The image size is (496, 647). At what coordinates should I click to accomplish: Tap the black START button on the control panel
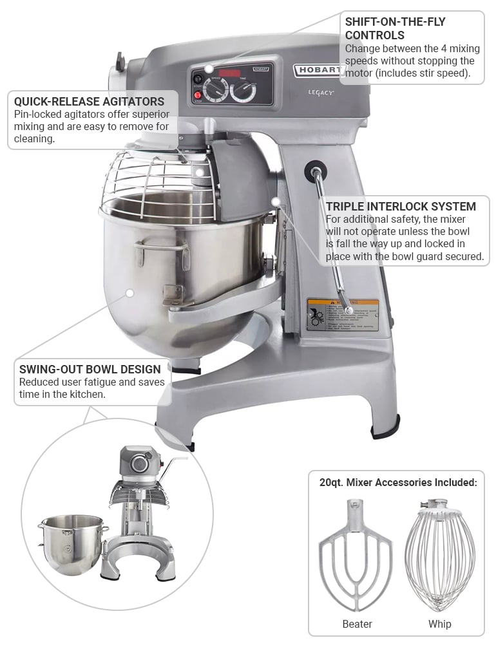pos(198,79)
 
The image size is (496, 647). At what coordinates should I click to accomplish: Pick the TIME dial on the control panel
pos(243,91)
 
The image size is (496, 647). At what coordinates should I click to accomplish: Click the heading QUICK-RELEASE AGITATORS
pos(89,102)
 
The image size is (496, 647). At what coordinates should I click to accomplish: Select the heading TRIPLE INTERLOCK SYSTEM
pos(401,207)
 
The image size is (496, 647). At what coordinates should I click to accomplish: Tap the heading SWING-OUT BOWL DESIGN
pos(90,370)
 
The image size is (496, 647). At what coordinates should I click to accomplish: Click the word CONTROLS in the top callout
pos(375,35)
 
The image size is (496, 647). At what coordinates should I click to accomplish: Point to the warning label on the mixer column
pos(342,314)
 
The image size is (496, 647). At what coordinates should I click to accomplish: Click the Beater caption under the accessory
pos(357,624)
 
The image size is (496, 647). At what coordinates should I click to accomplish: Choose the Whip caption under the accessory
pos(440,624)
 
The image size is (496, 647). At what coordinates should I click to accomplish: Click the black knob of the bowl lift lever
pos(316,171)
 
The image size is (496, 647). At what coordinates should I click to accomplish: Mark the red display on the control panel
pos(230,72)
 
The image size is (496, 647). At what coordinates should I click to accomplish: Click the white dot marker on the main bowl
pos(129,293)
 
